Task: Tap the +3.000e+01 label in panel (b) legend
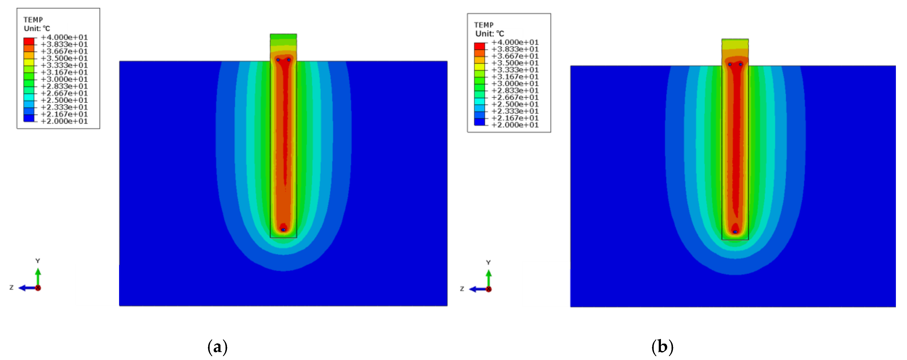[x=515, y=83]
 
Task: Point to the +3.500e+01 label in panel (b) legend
[x=515, y=63]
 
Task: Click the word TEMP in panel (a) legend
[x=33, y=20]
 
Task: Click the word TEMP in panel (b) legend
[x=484, y=25]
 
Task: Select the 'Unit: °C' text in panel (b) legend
[x=490, y=34]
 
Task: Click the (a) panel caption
[x=218, y=347]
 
